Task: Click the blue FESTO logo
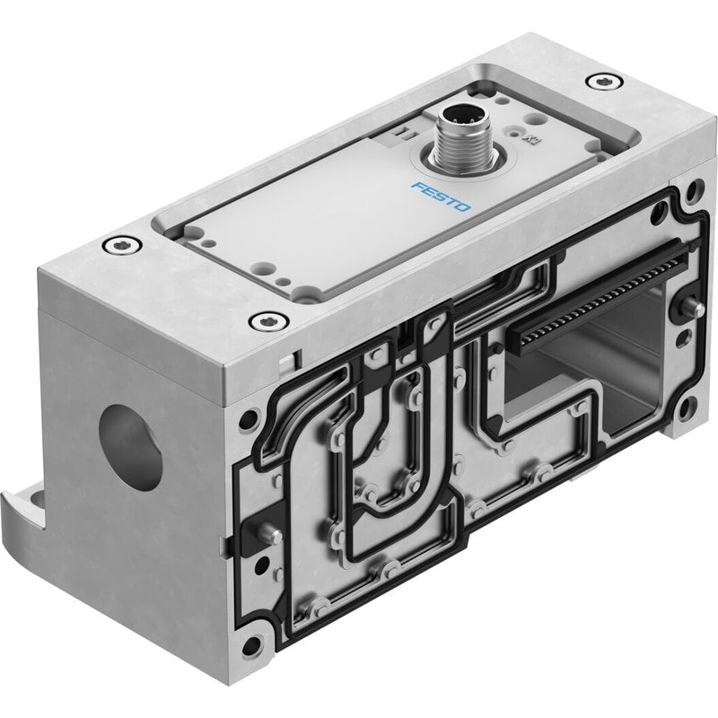441,197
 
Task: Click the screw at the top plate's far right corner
604,82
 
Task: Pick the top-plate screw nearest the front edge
268,320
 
